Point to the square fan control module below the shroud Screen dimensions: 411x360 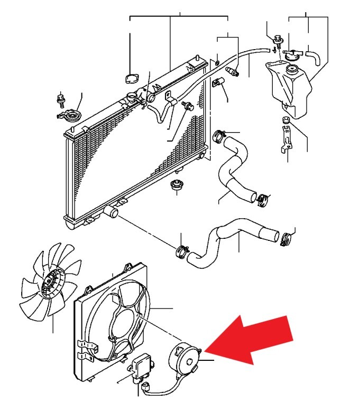(x=142, y=366)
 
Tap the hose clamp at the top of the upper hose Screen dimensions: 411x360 (x=219, y=136)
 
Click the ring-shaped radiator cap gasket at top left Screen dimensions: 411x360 (x=130, y=79)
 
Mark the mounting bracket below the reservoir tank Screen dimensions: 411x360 (x=285, y=138)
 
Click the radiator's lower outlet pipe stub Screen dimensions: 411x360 (x=112, y=212)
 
